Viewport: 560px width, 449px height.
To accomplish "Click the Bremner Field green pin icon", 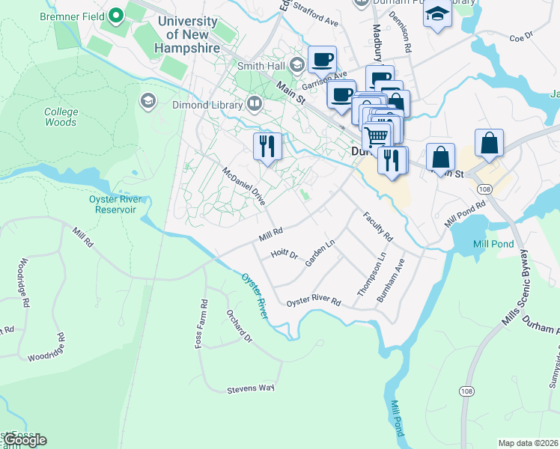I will click(116, 15).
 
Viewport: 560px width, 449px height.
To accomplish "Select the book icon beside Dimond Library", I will click(255, 103).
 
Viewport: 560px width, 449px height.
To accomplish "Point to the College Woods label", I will click(61, 117).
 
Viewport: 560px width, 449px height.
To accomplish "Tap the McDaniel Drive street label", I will click(244, 186).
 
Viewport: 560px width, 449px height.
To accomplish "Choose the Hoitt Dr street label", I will click(284, 254).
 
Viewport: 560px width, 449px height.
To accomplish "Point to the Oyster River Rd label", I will click(314, 302).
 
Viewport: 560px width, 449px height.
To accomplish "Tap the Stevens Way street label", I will click(252, 388).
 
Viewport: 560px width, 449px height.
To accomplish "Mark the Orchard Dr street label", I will click(240, 324).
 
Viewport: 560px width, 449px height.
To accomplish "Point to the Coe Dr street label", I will click(520, 36).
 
